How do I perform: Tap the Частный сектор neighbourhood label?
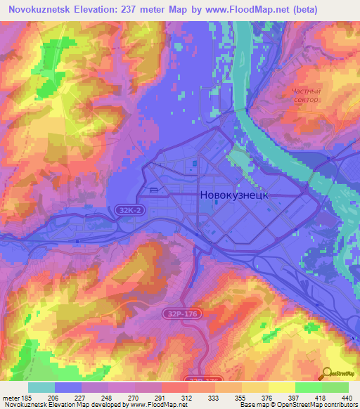pyautogui.click(x=306, y=96)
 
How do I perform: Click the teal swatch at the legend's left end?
pyautogui.click(x=41, y=387)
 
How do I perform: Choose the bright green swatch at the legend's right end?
pyautogui.click(x=335, y=387)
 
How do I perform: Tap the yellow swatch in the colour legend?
pyautogui.click(x=281, y=387)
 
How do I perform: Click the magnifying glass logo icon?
pyautogui.click(x=326, y=375)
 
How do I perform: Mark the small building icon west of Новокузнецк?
pyautogui.click(x=153, y=190)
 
